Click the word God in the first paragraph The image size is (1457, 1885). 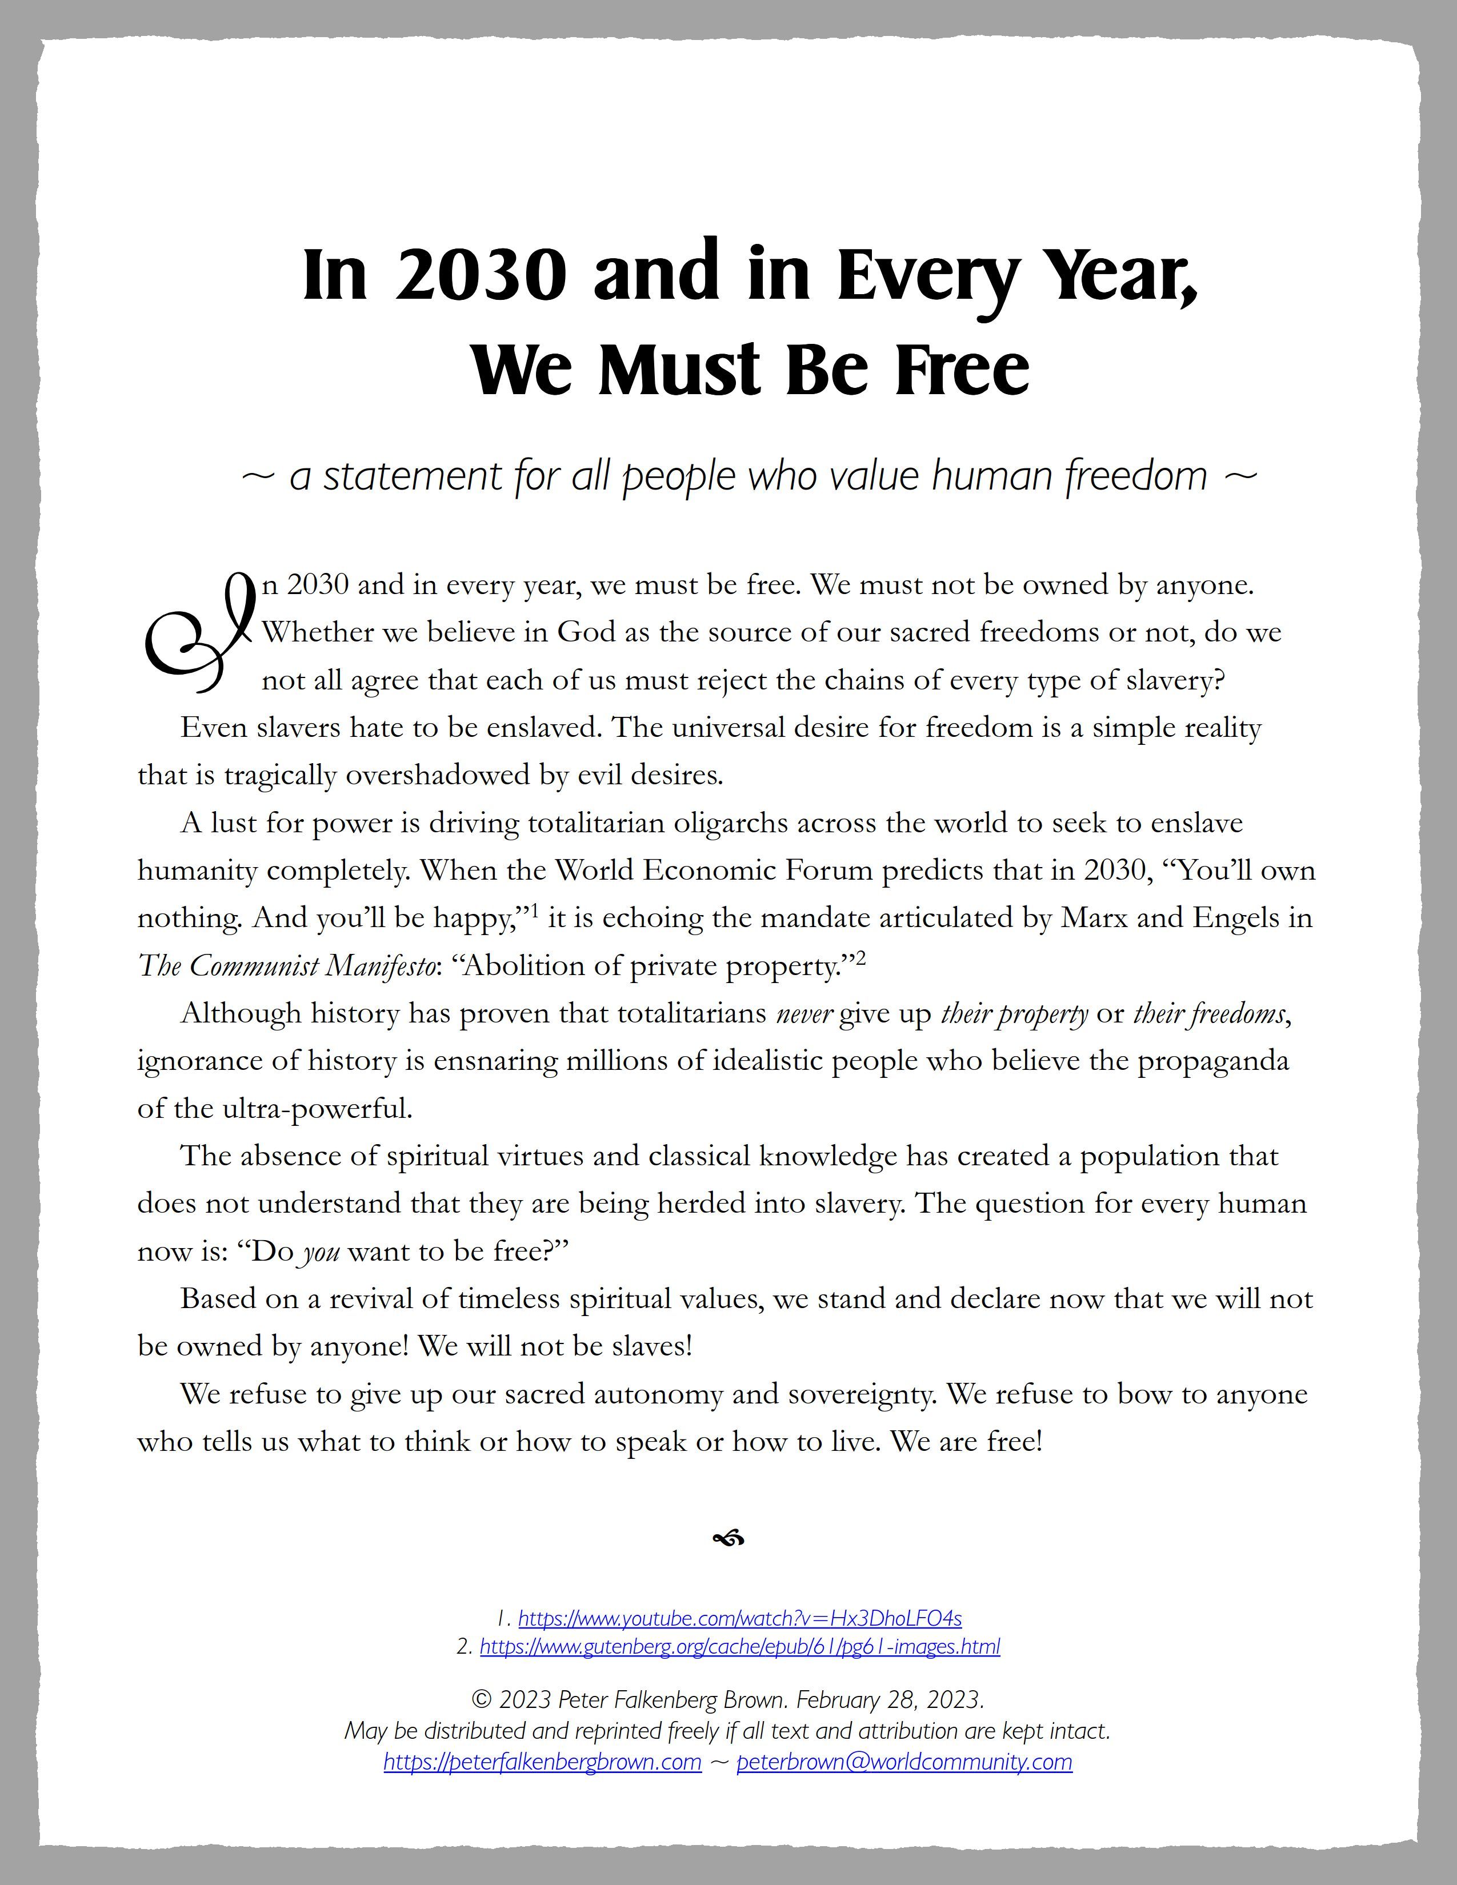[587, 633]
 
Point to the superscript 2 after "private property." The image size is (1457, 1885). [860, 957]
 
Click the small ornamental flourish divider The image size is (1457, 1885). [728, 1538]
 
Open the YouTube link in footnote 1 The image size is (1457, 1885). [740, 1618]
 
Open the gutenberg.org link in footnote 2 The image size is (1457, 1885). [740, 1646]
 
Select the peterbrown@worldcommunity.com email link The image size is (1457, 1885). [904, 1762]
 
